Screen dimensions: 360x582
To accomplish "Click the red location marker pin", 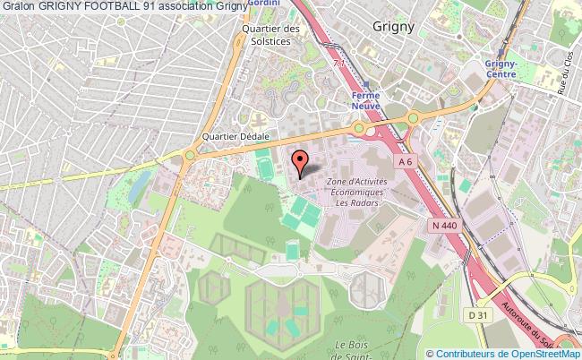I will (301, 161).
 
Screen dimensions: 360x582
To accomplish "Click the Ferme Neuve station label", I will (366, 102).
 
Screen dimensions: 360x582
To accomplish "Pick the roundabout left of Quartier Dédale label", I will (190, 157).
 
